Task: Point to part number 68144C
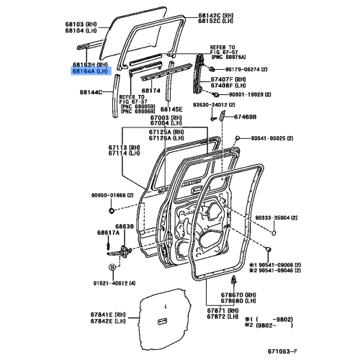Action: [x=93, y=93]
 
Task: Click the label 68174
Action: [x=150, y=91]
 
